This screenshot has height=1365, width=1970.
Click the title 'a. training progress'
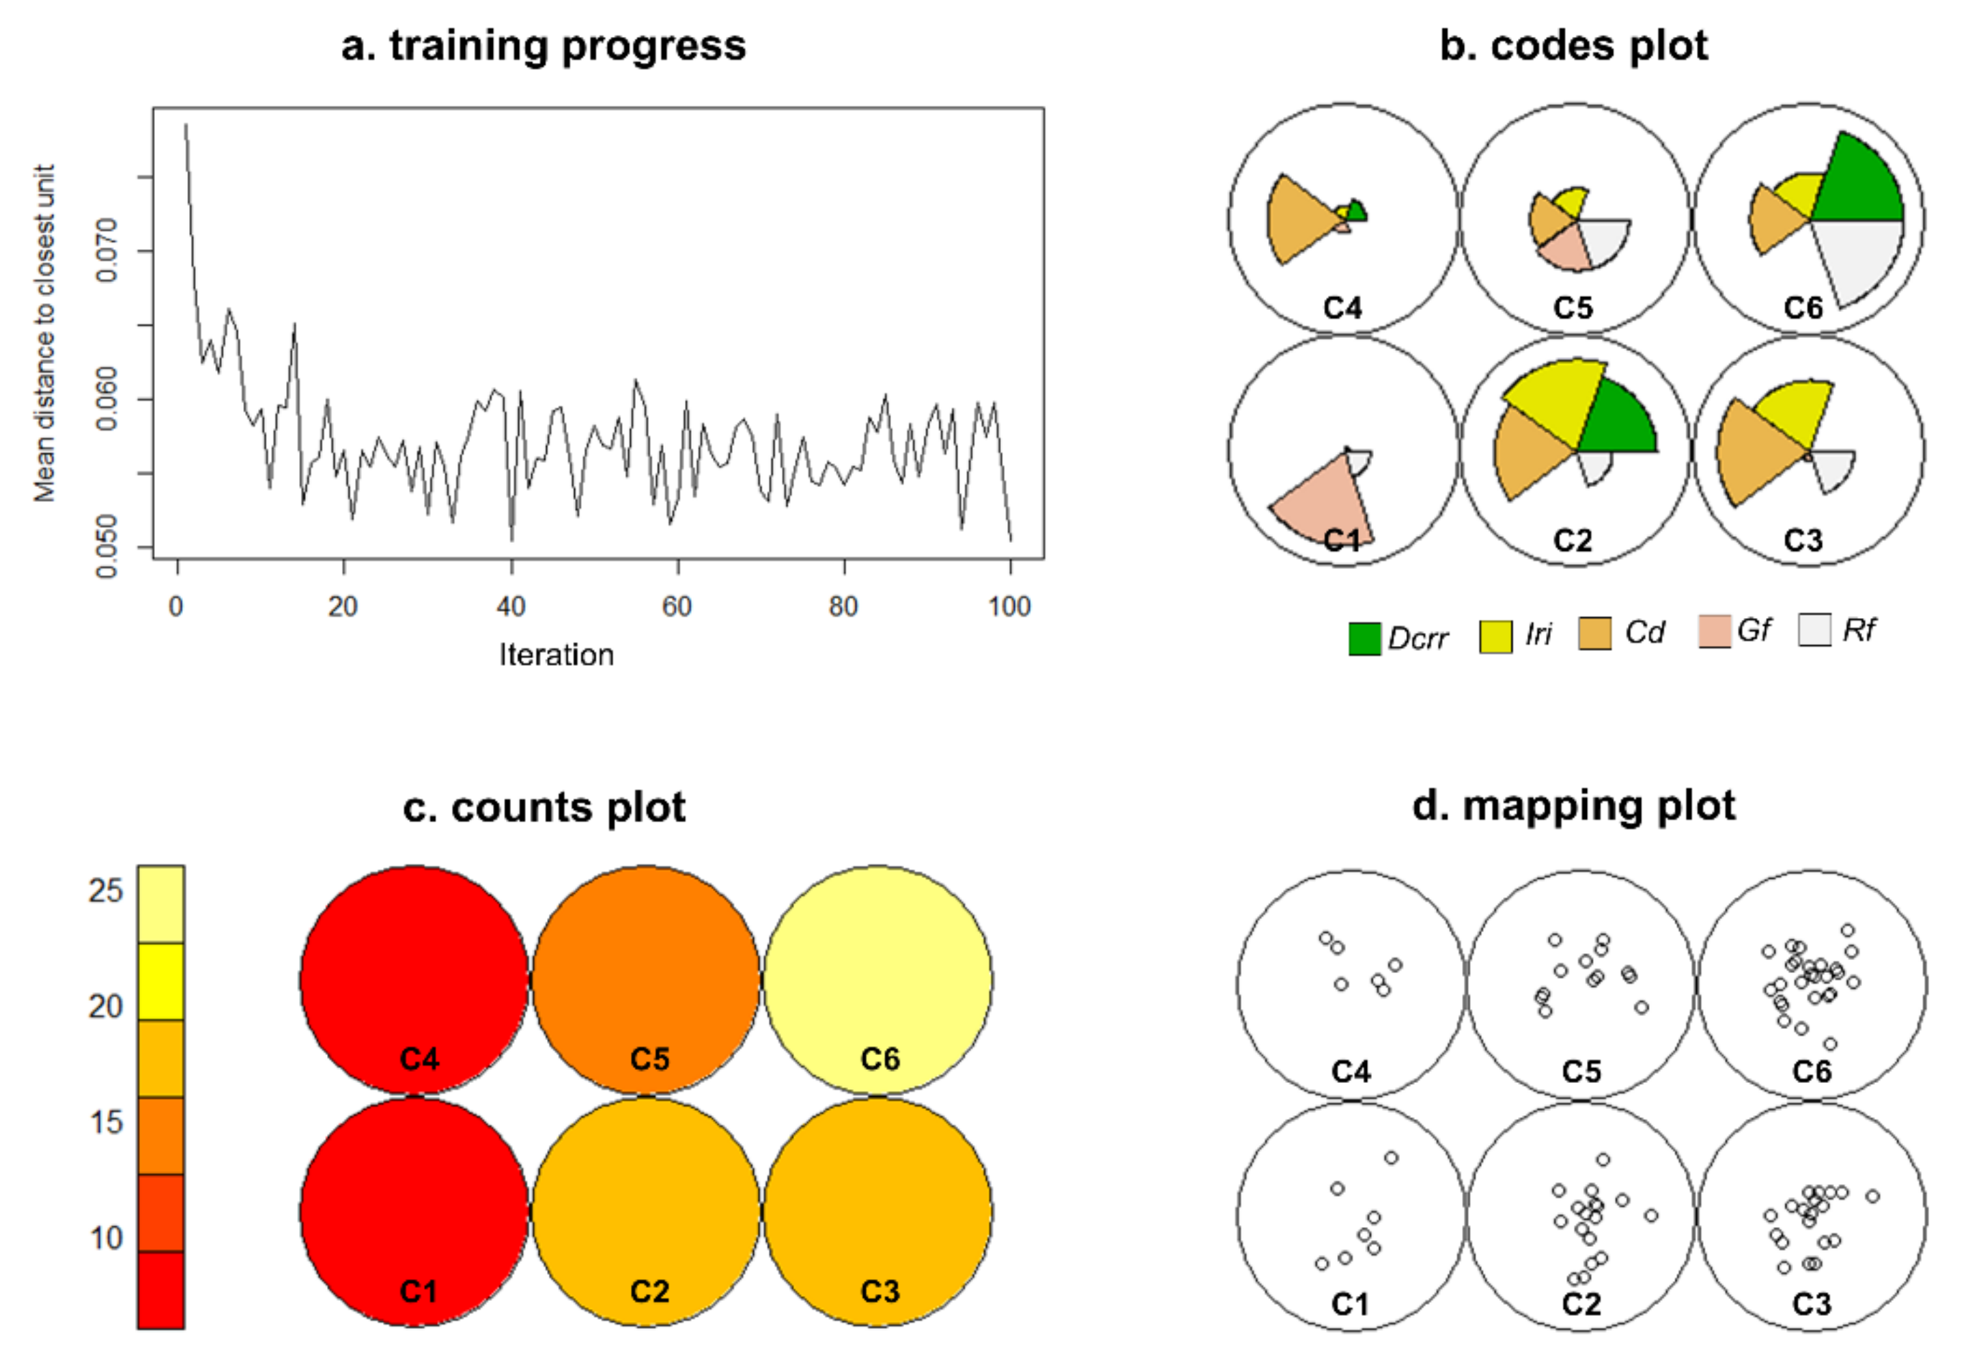pyautogui.click(x=543, y=46)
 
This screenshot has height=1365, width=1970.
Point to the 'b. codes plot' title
pyautogui.click(x=1573, y=46)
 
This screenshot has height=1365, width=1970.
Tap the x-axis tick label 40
pyautogui.click(x=511, y=606)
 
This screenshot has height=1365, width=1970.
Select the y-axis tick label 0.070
pyautogui.click(x=106, y=250)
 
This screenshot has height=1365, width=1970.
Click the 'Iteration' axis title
pyautogui.click(x=557, y=655)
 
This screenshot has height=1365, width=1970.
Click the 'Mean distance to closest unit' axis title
pyautogui.click(x=44, y=333)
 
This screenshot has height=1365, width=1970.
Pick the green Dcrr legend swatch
pyautogui.click(x=1364, y=638)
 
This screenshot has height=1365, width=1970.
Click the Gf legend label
pyautogui.click(x=1754, y=630)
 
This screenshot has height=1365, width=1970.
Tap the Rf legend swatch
pyautogui.click(x=1814, y=630)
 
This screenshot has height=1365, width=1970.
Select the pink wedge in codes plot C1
pyautogui.click(x=1325, y=505)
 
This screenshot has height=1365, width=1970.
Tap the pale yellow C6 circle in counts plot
pyautogui.click(x=878, y=966)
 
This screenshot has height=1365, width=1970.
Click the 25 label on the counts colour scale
pyautogui.click(x=106, y=891)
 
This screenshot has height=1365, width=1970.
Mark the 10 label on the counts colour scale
pyautogui.click(x=106, y=1237)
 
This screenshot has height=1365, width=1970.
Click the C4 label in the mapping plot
pyautogui.click(x=1351, y=1071)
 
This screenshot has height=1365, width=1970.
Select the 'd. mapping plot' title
pyautogui.click(x=1573, y=806)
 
